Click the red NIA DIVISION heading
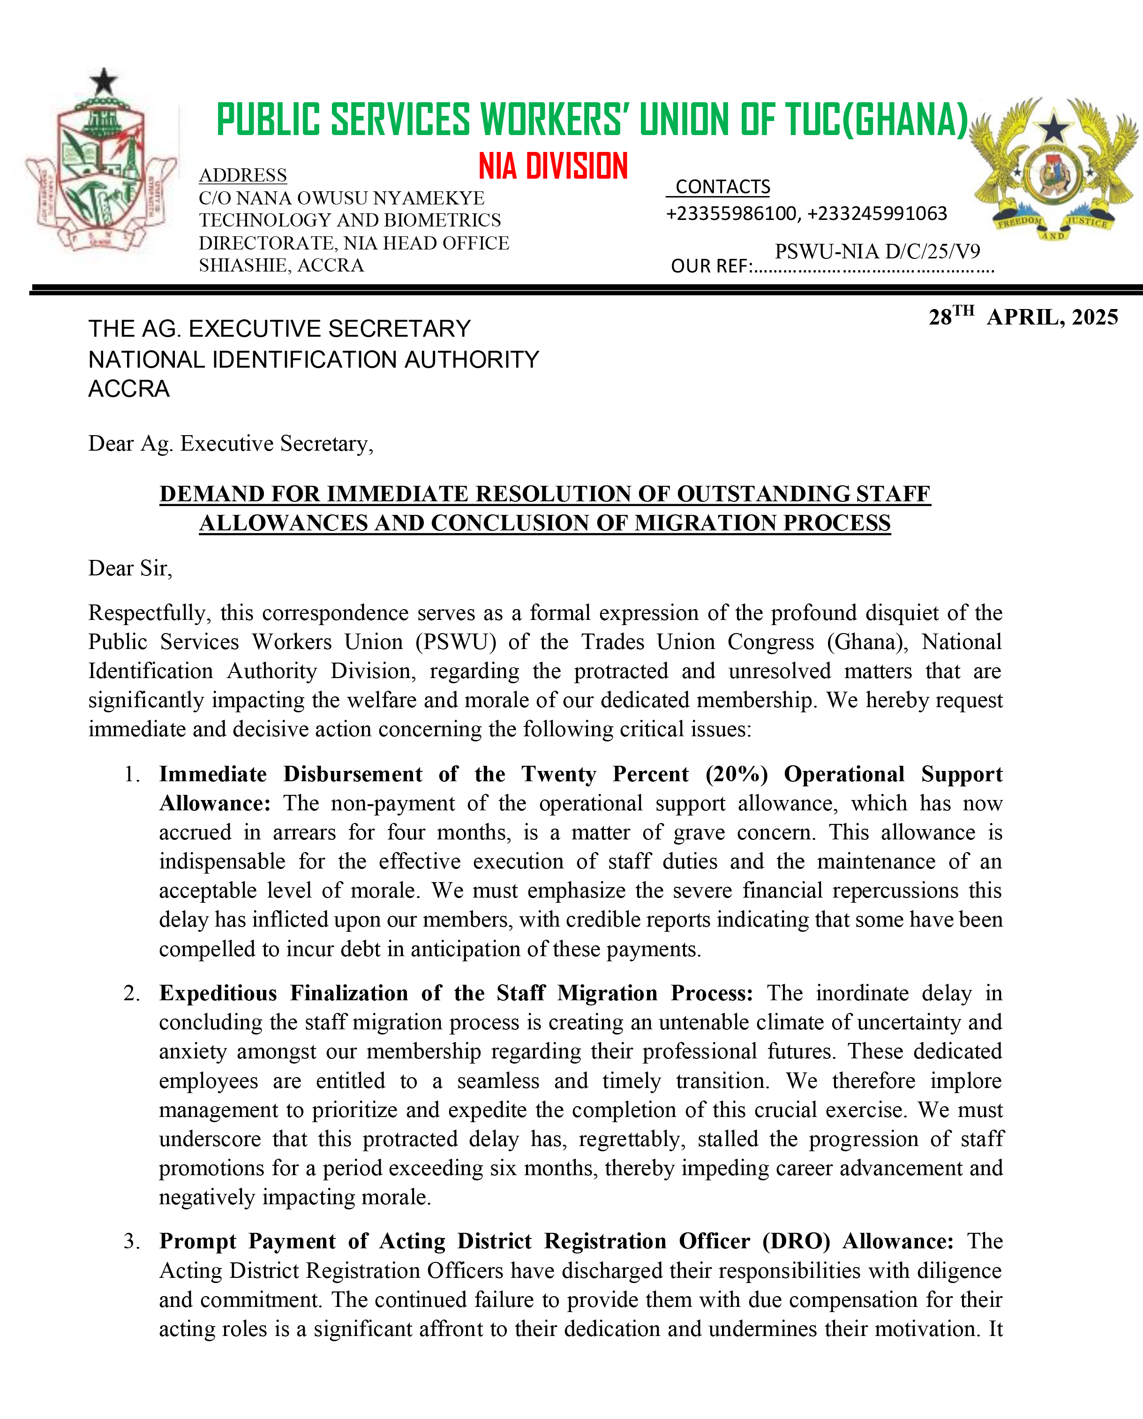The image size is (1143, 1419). pos(553,166)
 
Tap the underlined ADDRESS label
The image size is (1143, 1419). pos(243,175)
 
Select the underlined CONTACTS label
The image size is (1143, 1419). pos(722,187)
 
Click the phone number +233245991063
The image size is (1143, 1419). pos(877,213)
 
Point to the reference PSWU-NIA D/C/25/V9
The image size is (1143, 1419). pos(877,251)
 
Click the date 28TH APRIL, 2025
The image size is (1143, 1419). pos(1023,317)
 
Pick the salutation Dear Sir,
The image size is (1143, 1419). pos(130,568)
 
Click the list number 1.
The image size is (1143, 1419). pos(132,774)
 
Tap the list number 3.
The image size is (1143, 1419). pos(132,1241)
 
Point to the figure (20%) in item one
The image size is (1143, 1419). pos(736,774)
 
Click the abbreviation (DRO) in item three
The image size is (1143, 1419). pos(796,1241)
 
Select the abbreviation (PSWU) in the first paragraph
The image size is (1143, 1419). pos(456,642)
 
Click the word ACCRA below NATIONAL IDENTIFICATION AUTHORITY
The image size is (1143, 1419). pos(129,389)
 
